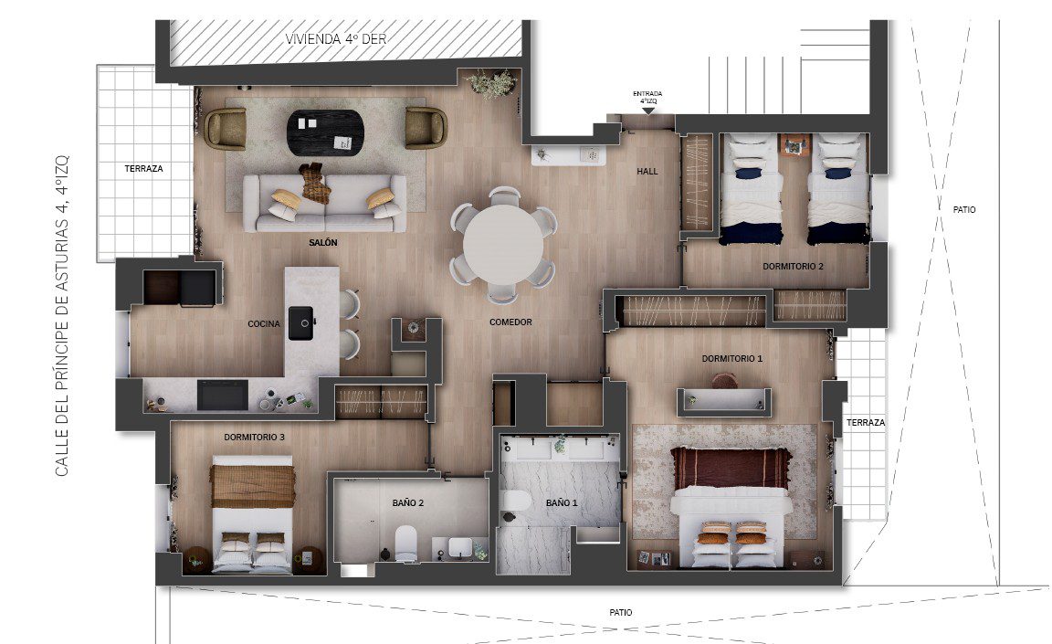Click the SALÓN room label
(322, 242)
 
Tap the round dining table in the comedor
(503, 244)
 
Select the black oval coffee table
(326, 132)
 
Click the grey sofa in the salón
(325, 204)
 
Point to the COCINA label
(264, 324)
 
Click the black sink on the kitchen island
(301, 323)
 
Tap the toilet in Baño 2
(405, 544)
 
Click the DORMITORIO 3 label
(254, 437)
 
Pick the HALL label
(647, 171)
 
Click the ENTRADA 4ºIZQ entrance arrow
(648, 111)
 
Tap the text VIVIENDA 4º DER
(336, 39)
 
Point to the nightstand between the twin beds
(795, 145)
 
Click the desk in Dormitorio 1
(724, 401)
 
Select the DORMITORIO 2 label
(793, 267)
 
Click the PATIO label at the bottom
(621, 612)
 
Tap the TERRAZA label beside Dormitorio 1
(866, 423)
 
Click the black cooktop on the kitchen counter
(222, 395)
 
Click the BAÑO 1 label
(562, 502)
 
